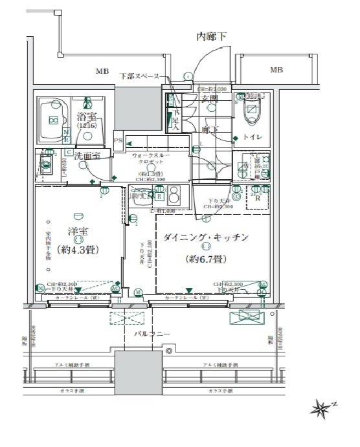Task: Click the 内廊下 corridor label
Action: click(x=212, y=37)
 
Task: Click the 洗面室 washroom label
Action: click(x=86, y=156)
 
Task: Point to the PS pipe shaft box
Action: click(x=118, y=140)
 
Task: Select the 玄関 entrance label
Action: click(x=209, y=98)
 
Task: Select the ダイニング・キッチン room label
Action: click(x=206, y=238)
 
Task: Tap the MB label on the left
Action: click(x=103, y=71)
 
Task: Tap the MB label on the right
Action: click(x=276, y=71)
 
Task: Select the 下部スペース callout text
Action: click(x=139, y=76)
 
